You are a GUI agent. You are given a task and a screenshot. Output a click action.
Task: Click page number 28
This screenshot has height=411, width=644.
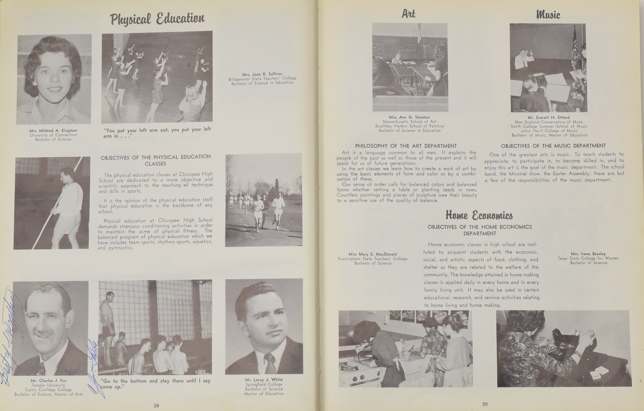156,405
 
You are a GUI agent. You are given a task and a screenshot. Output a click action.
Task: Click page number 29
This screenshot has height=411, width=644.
485,404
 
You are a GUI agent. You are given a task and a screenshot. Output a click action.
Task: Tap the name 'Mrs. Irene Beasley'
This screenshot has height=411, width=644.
588,254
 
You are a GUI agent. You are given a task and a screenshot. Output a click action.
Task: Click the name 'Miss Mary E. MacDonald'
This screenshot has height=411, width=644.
373,254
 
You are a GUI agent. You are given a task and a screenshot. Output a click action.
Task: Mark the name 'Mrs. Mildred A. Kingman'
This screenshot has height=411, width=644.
53,131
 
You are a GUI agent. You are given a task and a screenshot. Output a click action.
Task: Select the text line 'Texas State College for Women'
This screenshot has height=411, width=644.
588,258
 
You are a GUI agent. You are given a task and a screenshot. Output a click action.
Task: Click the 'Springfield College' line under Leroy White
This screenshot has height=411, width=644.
264,384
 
